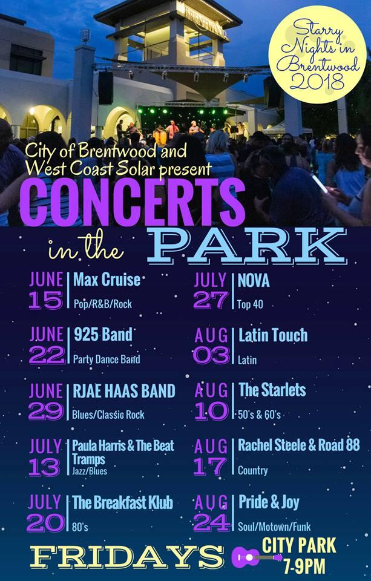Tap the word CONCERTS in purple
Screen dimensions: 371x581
[x=133, y=202]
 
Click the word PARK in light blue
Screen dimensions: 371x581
[x=246, y=246]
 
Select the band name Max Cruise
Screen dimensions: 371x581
[x=107, y=280]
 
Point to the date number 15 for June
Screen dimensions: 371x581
[x=46, y=300]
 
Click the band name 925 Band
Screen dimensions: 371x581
[x=103, y=335]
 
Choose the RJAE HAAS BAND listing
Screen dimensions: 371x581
[x=124, y=391]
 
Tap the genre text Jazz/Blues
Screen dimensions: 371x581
[x=90, y=471]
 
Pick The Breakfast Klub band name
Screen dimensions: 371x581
[x=123, y=503]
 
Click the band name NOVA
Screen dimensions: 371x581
[x=254, y=280]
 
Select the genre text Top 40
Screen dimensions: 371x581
[x=250, y=304]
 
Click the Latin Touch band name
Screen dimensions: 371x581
[x=273, y=335]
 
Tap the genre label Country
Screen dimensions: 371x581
[x=253, y=471]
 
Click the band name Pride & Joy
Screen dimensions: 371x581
[x=269, y=503]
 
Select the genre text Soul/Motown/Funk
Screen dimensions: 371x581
[x=274, y=527]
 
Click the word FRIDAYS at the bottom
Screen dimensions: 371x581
[x=126, y=557]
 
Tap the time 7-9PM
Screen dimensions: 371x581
[x=304, y=566]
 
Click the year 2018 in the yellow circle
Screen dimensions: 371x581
[x=318, y=81]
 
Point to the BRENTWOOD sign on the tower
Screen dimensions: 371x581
[x=205, y=22]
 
